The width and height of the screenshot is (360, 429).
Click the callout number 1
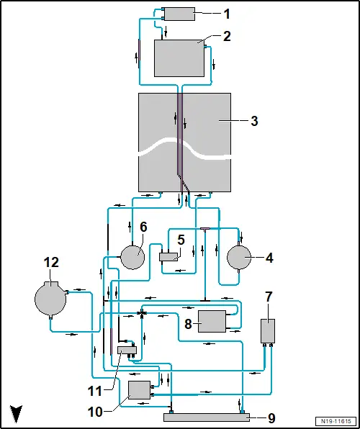(x=227, y=14)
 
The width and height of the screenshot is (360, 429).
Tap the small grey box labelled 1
(x=179, y=14)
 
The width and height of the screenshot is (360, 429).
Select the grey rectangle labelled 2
(x=179, y=58)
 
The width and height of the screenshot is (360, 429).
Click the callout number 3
(x=254, y=121)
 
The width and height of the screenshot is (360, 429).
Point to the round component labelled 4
(x=239, y=258)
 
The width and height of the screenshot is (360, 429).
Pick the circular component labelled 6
(x=132, y=258)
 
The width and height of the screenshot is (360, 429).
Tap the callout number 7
(x=269, y=297)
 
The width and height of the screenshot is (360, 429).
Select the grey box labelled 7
(x=268, y=331)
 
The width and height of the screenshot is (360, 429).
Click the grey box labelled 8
(x=212, y=321)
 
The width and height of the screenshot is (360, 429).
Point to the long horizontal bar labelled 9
(x=207, y=417)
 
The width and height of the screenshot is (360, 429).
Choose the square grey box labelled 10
(x=140, y=390)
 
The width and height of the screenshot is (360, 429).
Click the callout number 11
(x=95, y=392)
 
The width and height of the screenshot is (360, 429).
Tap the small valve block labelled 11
(x=127, y=350)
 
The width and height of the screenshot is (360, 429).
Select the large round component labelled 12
(x=50, y=298)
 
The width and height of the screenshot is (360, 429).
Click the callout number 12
(x=51, y=263)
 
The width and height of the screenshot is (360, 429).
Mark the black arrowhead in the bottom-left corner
(x=16, y=414)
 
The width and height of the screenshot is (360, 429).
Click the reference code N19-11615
(x=336, y=421)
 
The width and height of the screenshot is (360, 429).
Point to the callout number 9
(x=271, y=418)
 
